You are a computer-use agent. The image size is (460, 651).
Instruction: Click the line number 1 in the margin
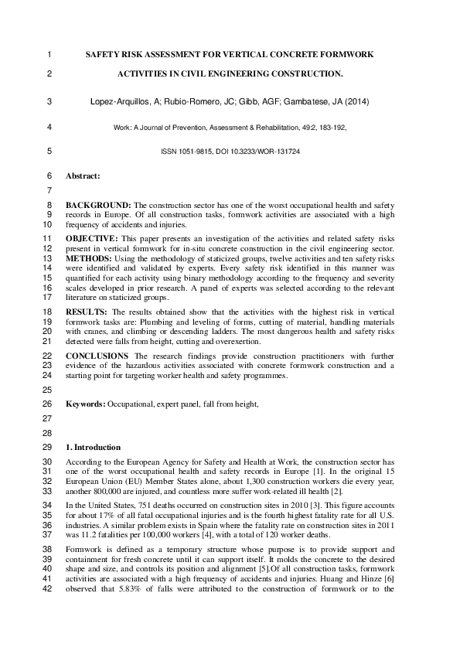click(x=49, y=55)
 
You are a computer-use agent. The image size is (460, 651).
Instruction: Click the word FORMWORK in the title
click(x=344, y=55)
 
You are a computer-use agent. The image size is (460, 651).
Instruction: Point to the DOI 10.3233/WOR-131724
click(x=261, y=152)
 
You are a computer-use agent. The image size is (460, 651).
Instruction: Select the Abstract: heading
click(x=83, y=176)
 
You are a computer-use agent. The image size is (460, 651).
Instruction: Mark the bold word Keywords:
click(x=85, y=404)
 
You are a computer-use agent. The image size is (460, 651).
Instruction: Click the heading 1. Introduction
click(x=93, y=447)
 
